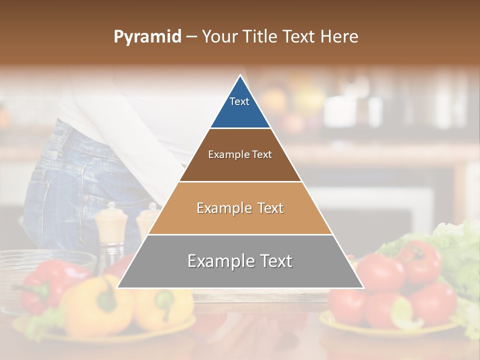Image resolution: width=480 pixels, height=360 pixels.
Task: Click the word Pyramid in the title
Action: (x=147, y=37)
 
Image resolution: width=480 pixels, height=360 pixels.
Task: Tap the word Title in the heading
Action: (x=261, y=37)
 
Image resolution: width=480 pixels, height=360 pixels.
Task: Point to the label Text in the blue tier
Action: (x=239, y=101)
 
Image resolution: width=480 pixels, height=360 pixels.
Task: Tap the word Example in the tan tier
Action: (x=223, y=208)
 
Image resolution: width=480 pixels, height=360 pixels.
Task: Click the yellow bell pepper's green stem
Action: (x=106, y=300)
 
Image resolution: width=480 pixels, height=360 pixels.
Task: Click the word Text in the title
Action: (x=299, y=37)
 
